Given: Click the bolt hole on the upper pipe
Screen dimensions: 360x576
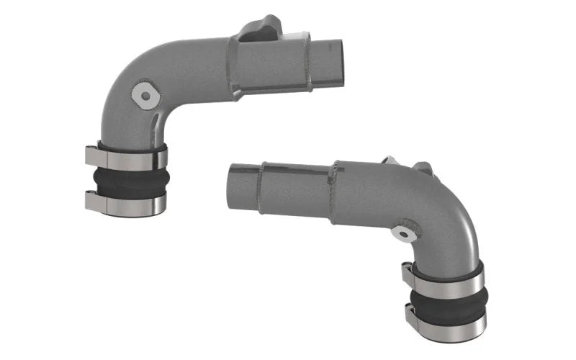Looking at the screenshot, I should coord(147,95).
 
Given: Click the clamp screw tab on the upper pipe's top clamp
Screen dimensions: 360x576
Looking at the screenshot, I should coord(91,154).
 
